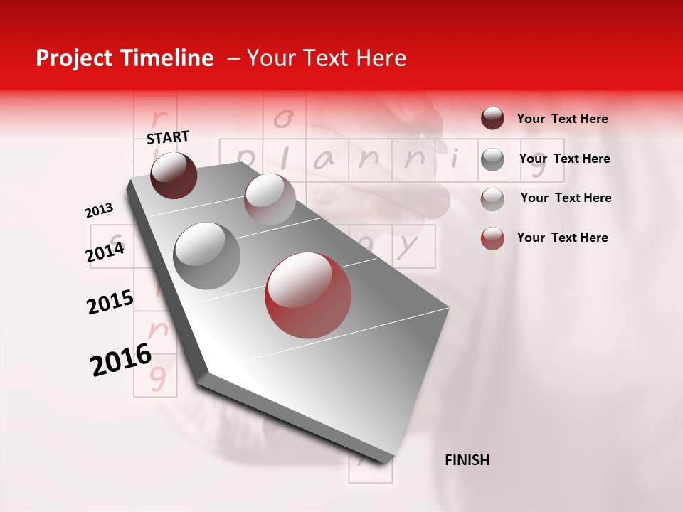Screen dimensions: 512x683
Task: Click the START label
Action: (168, 137)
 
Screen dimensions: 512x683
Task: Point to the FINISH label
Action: (467, 460)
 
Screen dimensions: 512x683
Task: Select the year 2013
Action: (99, 210)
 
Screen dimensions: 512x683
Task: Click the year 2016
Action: (121, 360)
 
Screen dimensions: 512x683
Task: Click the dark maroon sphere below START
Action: (174, 175)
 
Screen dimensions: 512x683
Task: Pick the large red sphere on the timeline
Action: (307, 294)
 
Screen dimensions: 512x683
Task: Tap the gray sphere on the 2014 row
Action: (207, 255)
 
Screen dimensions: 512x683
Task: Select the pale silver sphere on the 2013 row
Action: (269, 199)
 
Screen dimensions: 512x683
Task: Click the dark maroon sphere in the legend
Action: (492, 119)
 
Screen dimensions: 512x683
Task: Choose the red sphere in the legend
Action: (492, 238)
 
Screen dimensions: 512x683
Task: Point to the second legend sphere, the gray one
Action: (492, 159)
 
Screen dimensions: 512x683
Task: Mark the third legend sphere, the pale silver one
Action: (492, 198)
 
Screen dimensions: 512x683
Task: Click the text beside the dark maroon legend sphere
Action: (562, 119)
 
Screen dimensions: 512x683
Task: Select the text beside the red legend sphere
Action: (562, 238)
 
